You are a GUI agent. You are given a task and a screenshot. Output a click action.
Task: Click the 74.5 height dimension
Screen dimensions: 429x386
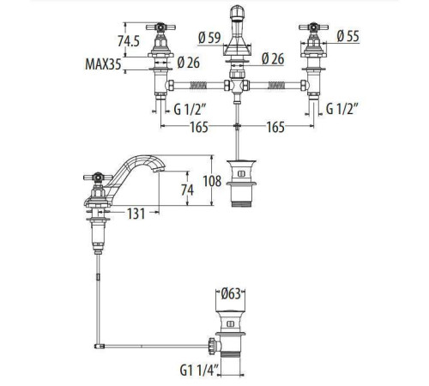129,41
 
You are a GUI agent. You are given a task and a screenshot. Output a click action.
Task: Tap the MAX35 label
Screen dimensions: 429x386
103,64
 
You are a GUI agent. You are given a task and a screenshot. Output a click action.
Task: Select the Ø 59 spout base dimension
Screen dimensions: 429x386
209,38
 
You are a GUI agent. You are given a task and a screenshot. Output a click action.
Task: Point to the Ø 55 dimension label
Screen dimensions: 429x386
347,36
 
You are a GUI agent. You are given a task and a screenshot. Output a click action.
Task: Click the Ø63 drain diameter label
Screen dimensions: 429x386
231,294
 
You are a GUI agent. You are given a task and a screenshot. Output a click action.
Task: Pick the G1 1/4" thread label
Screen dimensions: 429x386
199,371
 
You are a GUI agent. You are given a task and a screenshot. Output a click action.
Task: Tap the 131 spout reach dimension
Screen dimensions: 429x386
136,214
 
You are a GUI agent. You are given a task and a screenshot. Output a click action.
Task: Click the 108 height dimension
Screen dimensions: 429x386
212,181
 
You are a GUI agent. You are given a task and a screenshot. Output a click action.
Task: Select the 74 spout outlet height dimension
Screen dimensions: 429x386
187,190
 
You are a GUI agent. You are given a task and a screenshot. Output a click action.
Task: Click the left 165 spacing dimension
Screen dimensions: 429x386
199,127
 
